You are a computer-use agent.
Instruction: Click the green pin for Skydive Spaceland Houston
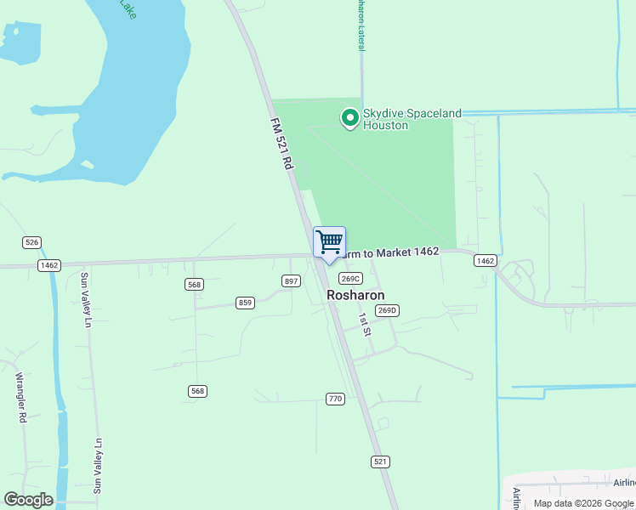[349, 118]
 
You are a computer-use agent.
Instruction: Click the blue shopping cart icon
[329, 242]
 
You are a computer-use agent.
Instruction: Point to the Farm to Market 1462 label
[391, 252]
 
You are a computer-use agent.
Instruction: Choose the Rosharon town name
[355, 295]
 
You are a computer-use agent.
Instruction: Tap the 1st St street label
[365, 324]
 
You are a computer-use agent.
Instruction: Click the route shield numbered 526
[32, 242]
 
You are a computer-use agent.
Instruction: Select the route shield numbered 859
[246, 303]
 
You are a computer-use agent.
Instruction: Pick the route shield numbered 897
[291, 281]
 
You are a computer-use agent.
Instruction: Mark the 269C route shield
[351, 278]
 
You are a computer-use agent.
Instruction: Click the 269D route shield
[387, 310]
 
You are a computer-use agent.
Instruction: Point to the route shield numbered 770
[334, 398]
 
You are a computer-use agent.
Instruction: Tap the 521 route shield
[380, 461]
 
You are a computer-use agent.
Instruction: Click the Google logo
[28, 500]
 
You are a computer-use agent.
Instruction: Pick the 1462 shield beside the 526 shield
[48, 265]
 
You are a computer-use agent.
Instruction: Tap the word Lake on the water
[127, 9]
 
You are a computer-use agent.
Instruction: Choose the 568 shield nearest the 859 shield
[194, 284]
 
